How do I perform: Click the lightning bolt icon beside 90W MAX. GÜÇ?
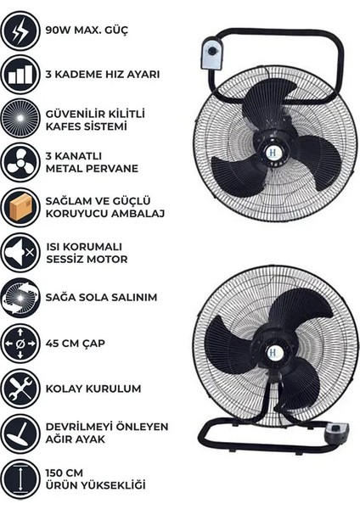click(20, 31)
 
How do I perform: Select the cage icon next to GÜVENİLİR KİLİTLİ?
click(20, 119)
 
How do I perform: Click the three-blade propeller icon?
click(20, 163)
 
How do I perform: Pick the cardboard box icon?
click(20, 207)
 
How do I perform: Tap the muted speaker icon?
click(20, 251)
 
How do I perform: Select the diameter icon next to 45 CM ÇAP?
click(20, 344)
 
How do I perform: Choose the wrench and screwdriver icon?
click(20, 388)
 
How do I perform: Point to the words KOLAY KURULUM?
click(93, 388)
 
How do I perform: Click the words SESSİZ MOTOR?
click(89, 260)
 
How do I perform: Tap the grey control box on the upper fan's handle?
click(209, 55)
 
